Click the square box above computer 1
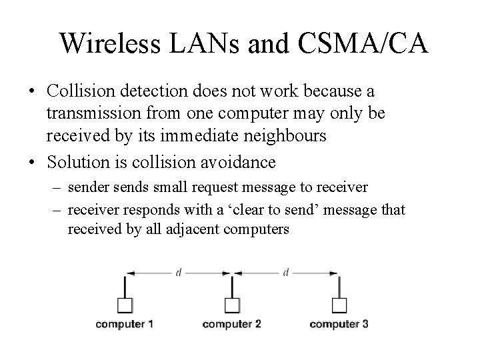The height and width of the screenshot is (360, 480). click(125, 306)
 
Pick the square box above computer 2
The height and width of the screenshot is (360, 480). click(231, 306)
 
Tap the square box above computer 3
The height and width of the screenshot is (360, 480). click(339, 306)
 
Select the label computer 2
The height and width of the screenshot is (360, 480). click(231, 325)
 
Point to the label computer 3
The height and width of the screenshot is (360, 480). click(339, 325)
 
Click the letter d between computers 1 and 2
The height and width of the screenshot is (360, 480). click(179, 273)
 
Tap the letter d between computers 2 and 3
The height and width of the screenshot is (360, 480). click(286, 273)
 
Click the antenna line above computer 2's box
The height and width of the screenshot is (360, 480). click(231, 287)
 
